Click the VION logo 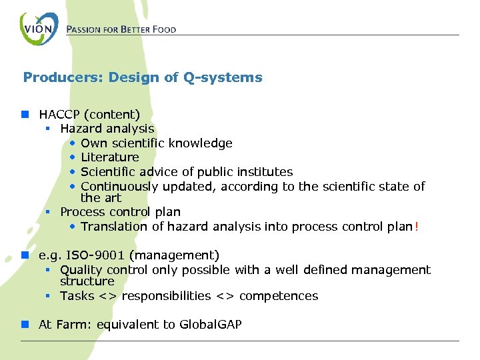tap(39, 29)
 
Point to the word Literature tap(110, 157)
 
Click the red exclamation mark tap(417, 227)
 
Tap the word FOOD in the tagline tap(165, 30)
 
